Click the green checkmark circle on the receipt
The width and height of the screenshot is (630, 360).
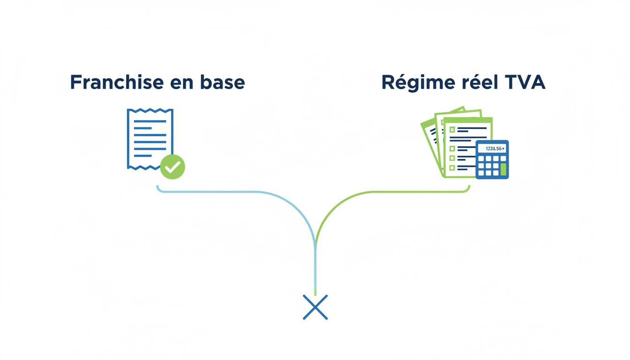point(172,166)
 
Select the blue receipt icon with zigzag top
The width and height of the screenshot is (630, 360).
point(149,138)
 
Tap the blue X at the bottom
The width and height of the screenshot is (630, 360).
point(315,307)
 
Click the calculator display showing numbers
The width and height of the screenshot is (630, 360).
point(492,149)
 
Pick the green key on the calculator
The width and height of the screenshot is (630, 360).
point(503,169)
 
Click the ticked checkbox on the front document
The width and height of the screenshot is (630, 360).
point(452,130)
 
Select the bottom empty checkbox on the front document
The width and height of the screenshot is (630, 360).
point(452,167)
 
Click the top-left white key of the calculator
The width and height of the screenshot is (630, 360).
point(481,158)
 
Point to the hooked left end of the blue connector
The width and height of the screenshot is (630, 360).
point(158,189)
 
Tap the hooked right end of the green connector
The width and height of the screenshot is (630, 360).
point(468,189)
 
